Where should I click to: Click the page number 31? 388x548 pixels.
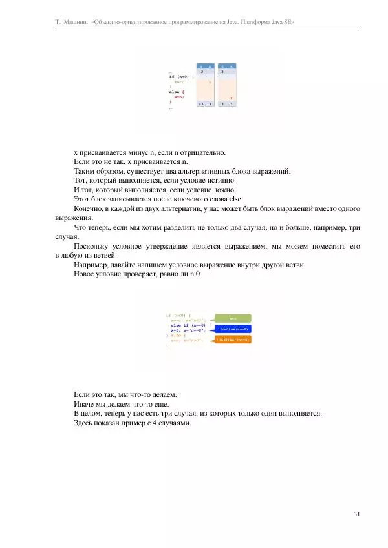pyautogui.click(x=358, y=514)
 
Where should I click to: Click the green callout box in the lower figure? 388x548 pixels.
pyautogui.click(x=233, y=318)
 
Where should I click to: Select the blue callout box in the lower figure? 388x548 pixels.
pyautogui.click(x=233, y=329)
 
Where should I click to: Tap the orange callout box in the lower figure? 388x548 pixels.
pyautogui.click(x=233, y=340)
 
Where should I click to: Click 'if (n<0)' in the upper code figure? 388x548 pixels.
pyautogui.click(x=177, y=76)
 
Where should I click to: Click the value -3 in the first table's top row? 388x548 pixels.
pyautogui.click(x=202, y=72)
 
